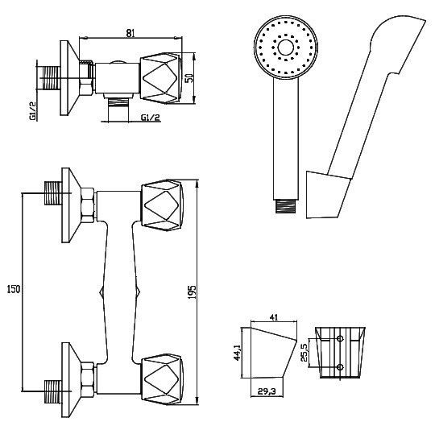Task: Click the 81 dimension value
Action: [130, 33]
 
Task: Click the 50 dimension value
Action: [190, 78]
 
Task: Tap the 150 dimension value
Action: [14, 290]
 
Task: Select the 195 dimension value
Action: [192, 292]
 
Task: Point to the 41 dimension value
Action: [274, 317]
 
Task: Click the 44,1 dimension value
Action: [237, 352]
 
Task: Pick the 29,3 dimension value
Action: [267, 391]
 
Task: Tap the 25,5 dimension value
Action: [304, 353]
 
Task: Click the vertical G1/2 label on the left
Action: [33, 111]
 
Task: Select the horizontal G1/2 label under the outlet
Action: [151, 118]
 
